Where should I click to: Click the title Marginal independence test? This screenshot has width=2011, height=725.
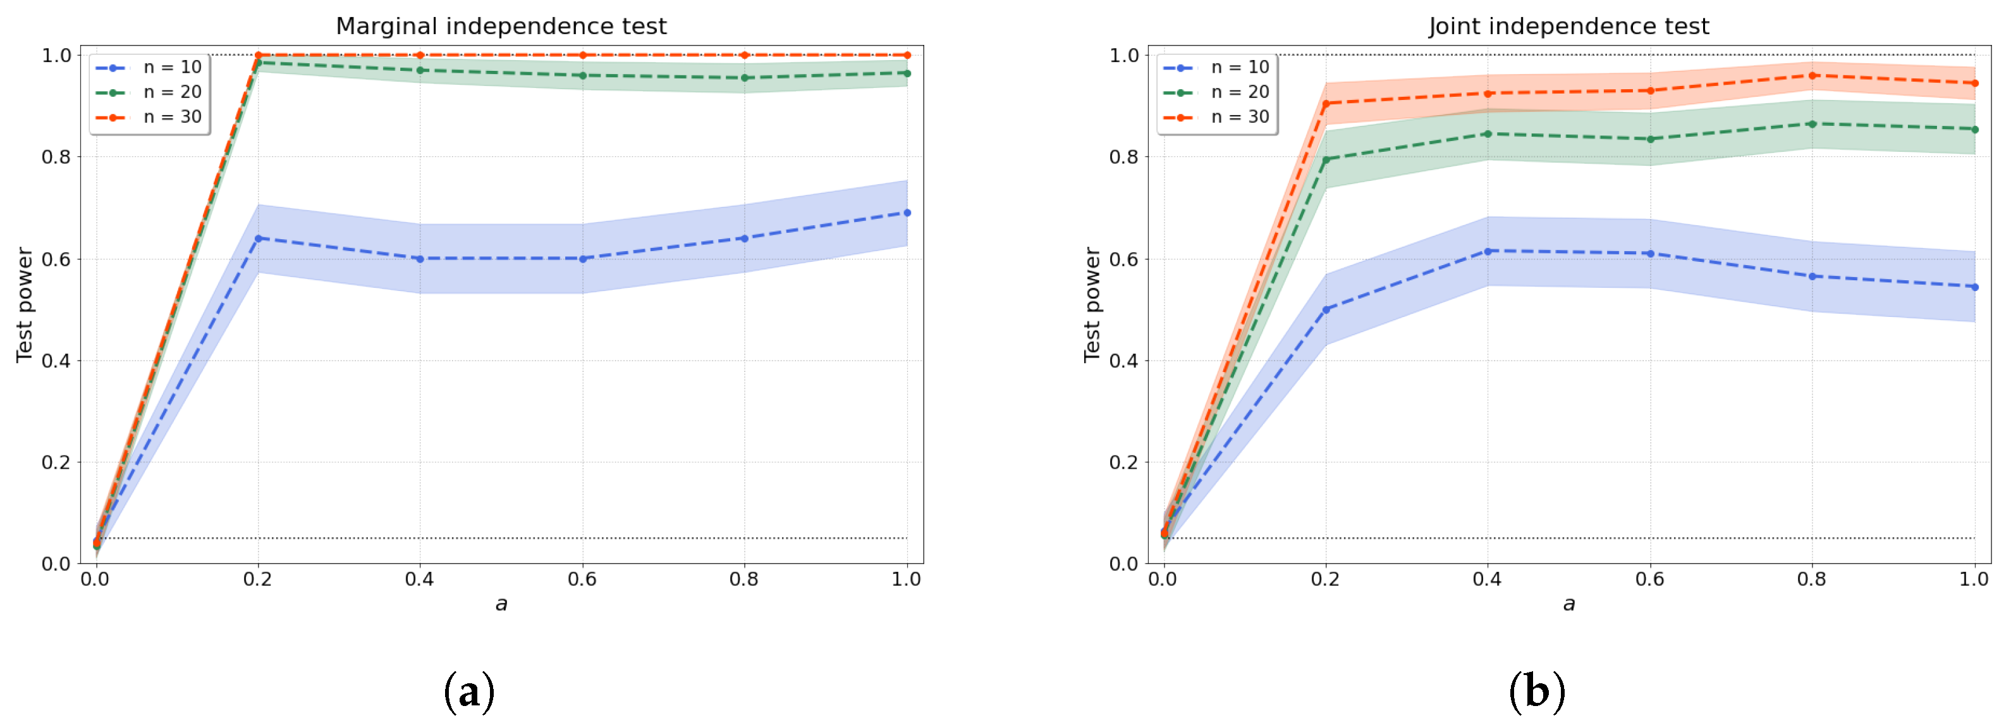(x=501, y=26)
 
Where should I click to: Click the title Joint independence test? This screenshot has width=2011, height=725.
(x=1568, y=26)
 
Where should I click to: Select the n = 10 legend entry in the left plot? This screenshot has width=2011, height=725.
(x=149, y=67)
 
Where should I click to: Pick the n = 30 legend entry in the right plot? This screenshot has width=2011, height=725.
(x=1217, y=117)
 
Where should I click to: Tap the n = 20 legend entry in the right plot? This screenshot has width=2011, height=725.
(x=1217, y=92)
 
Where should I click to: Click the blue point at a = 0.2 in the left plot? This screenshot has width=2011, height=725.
(x=258, y=239)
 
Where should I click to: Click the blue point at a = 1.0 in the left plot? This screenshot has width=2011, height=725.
(x=907, y=213)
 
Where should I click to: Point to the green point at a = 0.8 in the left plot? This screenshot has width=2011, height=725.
(x=744, y=77)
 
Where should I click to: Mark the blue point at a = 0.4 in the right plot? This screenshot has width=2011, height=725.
(x=1487, y=251)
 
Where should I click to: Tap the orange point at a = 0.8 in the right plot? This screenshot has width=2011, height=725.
(x=1812, y=75)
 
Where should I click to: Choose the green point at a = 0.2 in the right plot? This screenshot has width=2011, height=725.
(x=1326, y=159)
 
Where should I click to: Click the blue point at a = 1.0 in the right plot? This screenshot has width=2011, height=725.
(x=1974, y=287)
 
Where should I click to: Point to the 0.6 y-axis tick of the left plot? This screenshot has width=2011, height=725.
(x=56, y=259)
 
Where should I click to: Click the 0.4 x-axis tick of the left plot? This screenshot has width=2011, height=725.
(x=419, y=579)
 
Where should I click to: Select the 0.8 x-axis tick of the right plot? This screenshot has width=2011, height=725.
(x=1812, y=579)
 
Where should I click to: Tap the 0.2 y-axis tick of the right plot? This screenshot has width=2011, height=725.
(x=1123, y=462)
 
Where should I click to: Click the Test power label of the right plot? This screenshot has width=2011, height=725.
(x=1091, y=305)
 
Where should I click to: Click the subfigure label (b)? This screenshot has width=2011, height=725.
(x=1536, y=691)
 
